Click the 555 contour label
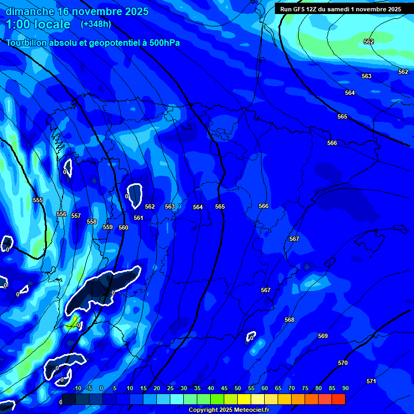[x=38, y=200]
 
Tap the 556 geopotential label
[x=62, y=214]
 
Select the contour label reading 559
[x=108, y=227]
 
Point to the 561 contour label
[x=139, y=218]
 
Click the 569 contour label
[x=323, y=336]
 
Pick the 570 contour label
[x=343, y=363]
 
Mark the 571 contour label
[x=371, y=381]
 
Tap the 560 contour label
[x=123, y=227]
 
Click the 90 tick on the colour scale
[x=345, y=388]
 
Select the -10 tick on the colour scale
[x=77, y=388]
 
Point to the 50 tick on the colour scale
[x=237, y=388]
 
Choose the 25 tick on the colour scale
[x=170, y=388]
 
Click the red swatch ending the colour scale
[x=338, y=399]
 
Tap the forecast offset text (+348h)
[x=95, y=24]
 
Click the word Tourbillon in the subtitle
[x=27, y=43]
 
